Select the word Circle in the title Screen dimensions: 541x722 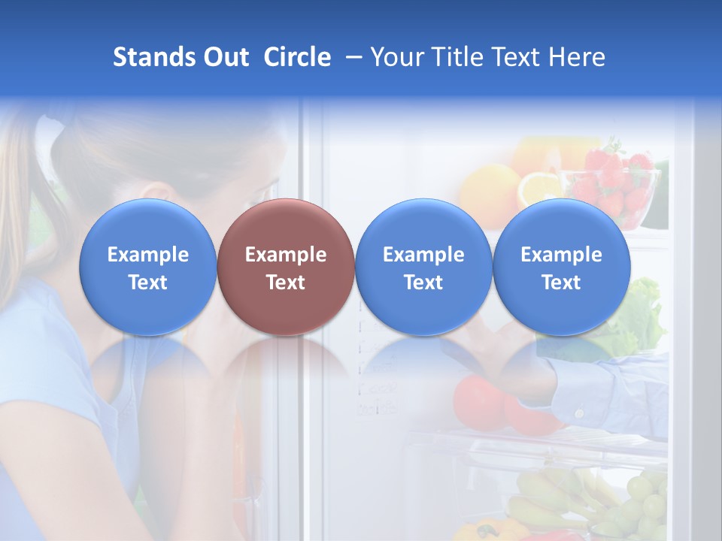point(297,57)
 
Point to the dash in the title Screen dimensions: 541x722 point(351,58)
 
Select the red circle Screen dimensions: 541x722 point(285,267)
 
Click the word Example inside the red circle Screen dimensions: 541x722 point(286,255)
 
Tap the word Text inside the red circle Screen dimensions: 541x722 point(286,283)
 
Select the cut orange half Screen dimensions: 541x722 point(538,188)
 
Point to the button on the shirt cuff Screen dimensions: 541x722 point(579,413)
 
